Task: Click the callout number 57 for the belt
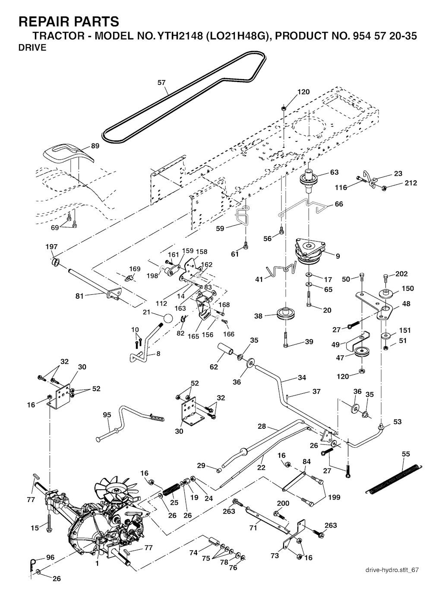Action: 161,82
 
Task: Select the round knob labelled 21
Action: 168,319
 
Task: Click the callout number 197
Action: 51,247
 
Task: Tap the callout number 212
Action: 411,183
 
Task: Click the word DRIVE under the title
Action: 32,48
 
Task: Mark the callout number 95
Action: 107,415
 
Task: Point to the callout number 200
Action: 283,503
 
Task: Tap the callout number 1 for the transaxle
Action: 97,564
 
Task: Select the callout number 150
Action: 407,288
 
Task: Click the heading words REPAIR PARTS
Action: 69,21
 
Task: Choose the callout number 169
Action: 135,269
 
